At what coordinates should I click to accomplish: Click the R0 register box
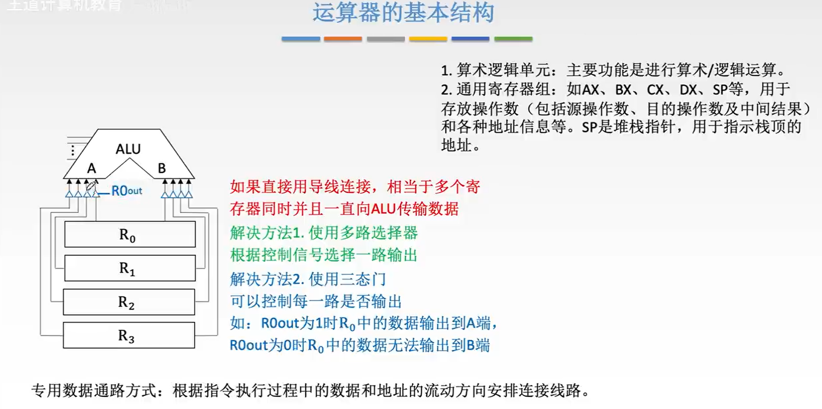point(130,234)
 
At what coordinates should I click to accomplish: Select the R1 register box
point(130,268)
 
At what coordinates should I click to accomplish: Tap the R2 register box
point(129,302)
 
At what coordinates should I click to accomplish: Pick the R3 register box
point(129,335)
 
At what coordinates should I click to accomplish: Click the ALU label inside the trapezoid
point(128,149)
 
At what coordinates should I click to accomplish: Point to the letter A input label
point(91,168)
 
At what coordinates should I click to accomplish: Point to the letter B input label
point(162,168)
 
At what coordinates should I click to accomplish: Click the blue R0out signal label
point(126,191)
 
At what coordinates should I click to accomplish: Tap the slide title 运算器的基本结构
point(403,12)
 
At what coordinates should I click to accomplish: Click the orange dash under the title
point(342,39)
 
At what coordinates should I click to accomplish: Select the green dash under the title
point(513,39)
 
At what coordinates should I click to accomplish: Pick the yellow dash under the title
point(428,39)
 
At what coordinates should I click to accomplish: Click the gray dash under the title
point(385,39)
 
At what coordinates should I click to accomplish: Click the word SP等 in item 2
point(728,90)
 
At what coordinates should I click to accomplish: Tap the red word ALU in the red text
point(383,209)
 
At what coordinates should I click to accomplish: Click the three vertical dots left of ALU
point(72,151)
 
